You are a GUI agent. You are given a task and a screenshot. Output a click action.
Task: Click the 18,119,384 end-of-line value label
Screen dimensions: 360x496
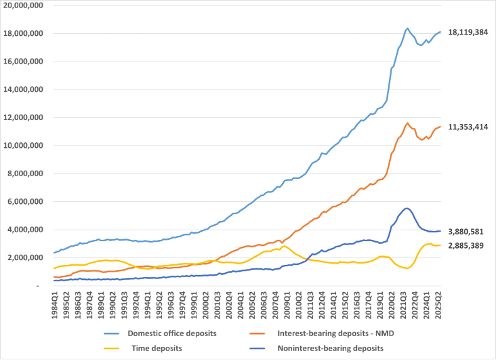point(469,32)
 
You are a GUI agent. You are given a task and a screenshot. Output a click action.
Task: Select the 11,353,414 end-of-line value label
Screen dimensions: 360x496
point(469,127)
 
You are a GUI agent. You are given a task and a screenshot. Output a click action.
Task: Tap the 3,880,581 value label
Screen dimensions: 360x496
point(466,231)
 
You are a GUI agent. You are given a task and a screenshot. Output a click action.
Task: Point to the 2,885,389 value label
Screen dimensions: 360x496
point(466,245)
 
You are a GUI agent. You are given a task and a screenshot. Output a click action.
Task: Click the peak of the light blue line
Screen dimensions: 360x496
point(407,28)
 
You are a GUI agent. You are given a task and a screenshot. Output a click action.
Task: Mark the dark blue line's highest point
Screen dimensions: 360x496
point(407,208)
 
